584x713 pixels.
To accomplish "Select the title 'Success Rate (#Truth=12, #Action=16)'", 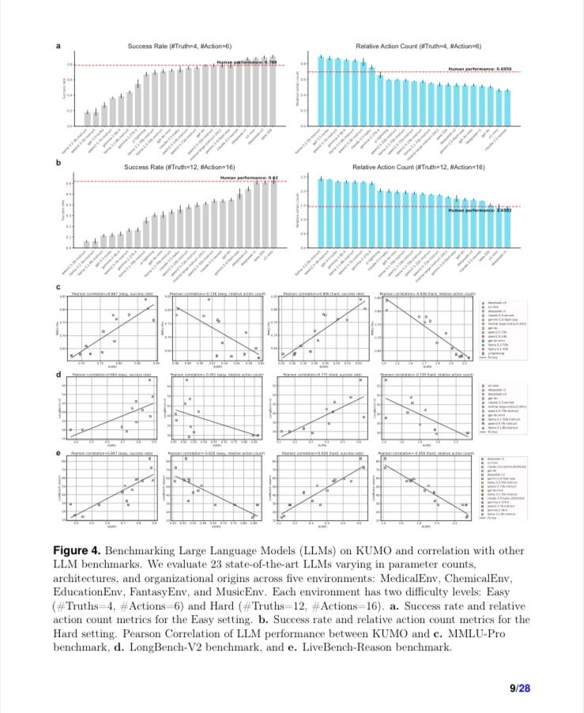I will point(179,168).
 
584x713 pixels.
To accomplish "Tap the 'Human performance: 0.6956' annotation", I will point(477,69).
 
